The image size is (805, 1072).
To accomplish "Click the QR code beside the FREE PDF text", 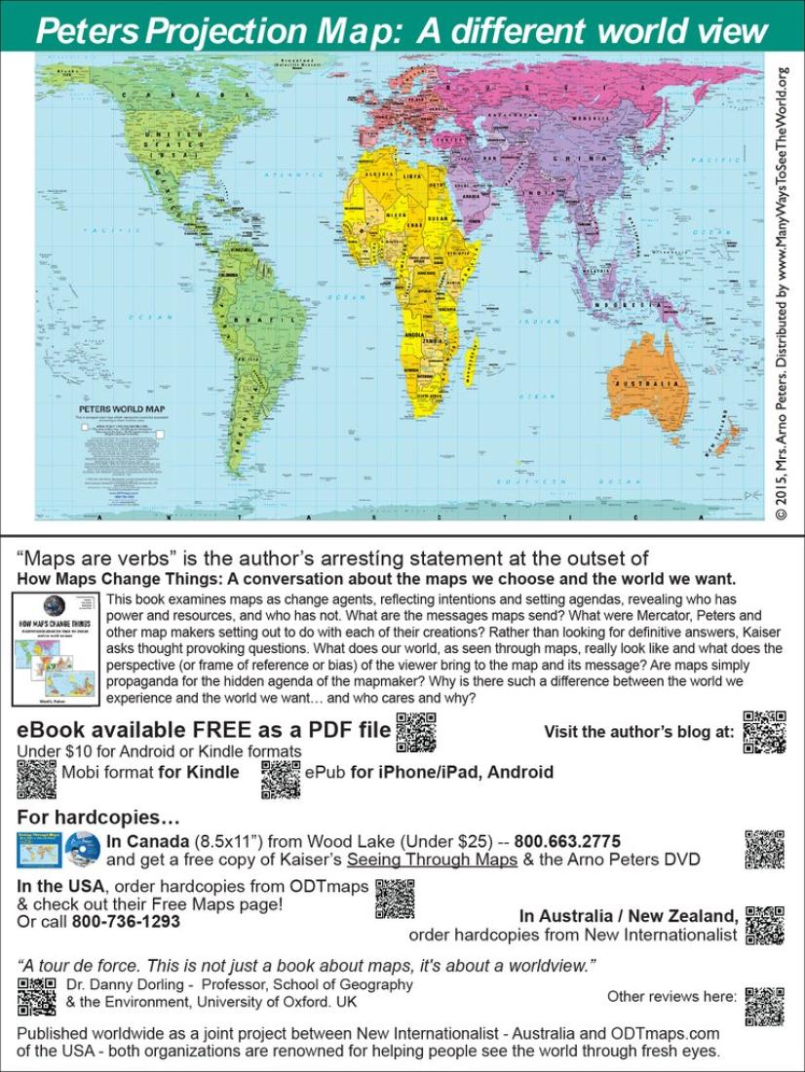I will pyautogui.click(x=416, y=732).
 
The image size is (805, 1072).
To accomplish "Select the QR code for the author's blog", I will pyautogui.click(x=764, y=732).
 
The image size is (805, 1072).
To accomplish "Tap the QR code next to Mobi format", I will pyautogui.click(x=37, y=778).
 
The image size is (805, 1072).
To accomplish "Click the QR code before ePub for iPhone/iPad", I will pyautogui.click(x=281, y=778).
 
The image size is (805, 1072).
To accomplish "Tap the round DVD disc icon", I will pyautogui.click(x=83, y=850).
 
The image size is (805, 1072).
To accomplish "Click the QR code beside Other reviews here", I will pyautogui.click(x=764, y=1007).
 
